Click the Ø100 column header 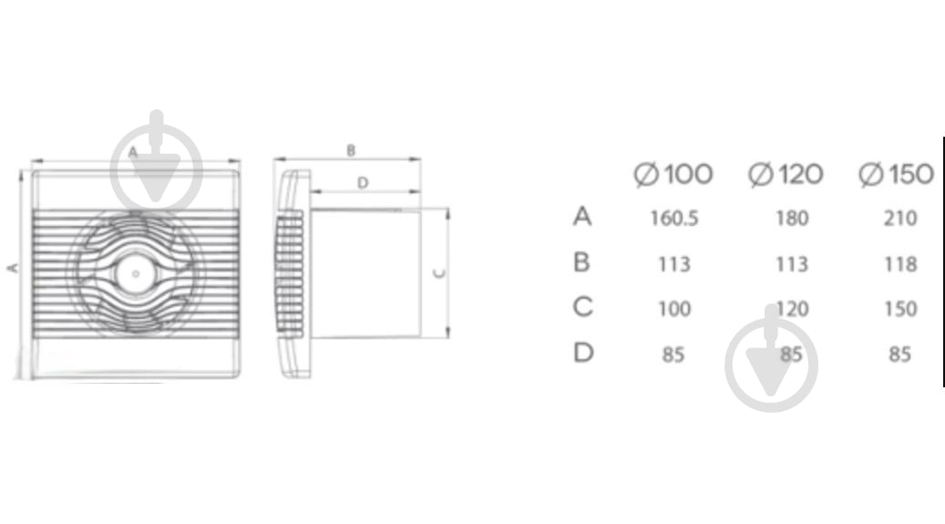[x=673, y=174]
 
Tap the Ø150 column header [x=897, y=174]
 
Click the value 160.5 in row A [x=674, y=219]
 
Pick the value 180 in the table [x=791, y=219]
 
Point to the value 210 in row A [x=899, y=219]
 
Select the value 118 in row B [x=899, y=264]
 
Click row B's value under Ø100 [x=674, y=264]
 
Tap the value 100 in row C [x=674, y=309]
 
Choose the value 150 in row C [x=899, y=309]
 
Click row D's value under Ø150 [x=899, y=354]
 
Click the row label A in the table [x=582, y=217]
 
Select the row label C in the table [x=583, y=307]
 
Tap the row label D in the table [x=583, y=353]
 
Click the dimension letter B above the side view [x=351, y=150]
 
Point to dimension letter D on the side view [x=362, y=183]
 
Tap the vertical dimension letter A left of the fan [x=12, y=268]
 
